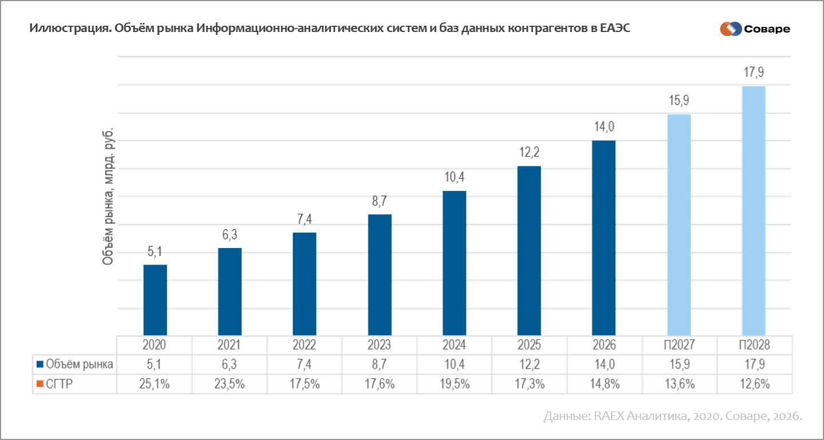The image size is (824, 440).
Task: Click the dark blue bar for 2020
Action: (155, 300)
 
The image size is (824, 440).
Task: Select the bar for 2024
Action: (454, 263)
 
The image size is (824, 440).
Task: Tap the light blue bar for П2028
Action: (754, 211)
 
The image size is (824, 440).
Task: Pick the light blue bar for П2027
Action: (679, 225)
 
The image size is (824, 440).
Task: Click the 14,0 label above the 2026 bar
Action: (604, 127)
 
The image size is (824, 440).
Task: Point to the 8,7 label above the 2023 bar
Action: (379, 201)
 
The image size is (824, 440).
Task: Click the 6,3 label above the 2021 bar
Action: (229, 235)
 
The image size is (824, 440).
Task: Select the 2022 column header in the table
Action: (304, 345)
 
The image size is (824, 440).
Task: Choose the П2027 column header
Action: (679, 345)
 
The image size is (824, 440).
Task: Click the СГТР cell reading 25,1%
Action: (154, 384)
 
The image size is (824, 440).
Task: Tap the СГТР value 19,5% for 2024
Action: (455, 384)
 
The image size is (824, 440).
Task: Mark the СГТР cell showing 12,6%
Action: (755, 384)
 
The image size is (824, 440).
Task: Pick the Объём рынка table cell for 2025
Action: (530, 364)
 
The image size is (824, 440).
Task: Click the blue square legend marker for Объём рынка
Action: (40, 365)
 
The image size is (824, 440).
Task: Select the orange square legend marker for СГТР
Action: (40, 384)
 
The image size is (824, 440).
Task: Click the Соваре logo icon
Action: (731, 29)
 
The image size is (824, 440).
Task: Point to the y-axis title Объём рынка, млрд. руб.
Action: (108, 197)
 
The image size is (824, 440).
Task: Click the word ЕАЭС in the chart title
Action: (615, 28)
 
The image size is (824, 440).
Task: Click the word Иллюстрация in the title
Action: (71, 29)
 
